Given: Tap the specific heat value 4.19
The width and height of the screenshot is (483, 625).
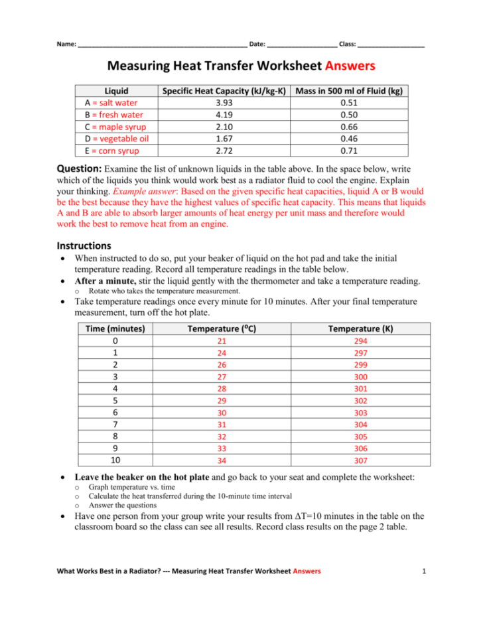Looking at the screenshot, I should (224, 114).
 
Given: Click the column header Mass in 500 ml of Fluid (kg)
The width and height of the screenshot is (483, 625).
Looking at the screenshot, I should (350, 91).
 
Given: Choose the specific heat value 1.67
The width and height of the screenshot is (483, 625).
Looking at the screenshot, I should (224, 138).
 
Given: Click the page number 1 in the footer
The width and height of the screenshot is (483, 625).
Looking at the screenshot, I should (423, 571).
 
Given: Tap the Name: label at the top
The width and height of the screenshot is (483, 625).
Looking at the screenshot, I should (67, 44).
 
